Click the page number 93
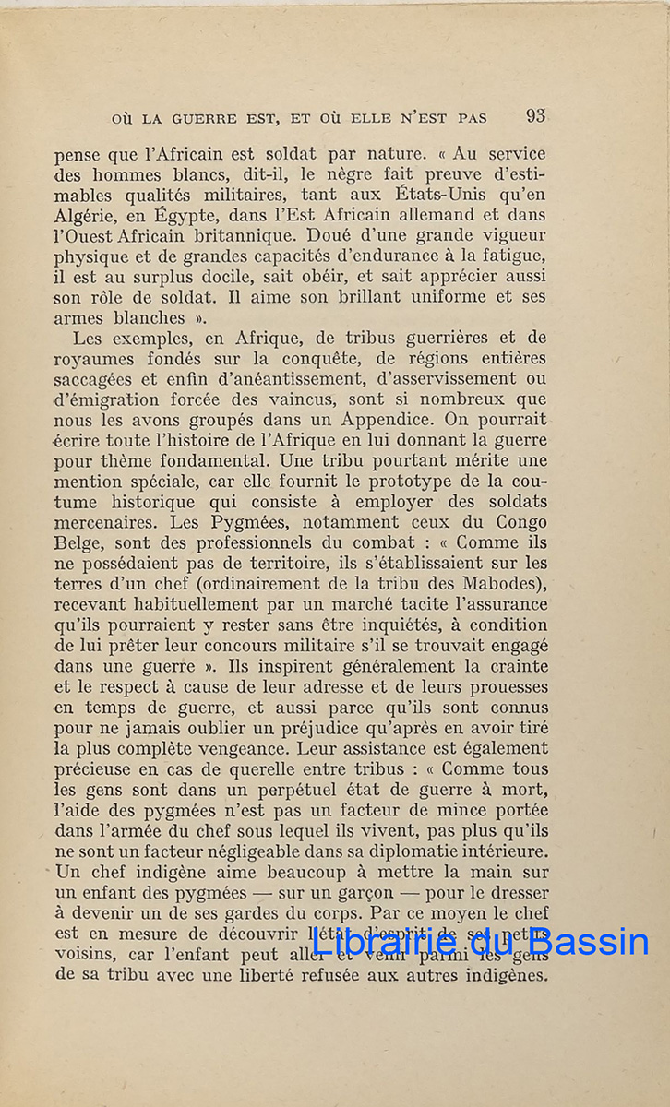pyautogui.click(x=535, y=116)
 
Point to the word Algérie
pyautogui.click(x=90, y=216)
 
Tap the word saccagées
pyautogui.click(x=101, y=378)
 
